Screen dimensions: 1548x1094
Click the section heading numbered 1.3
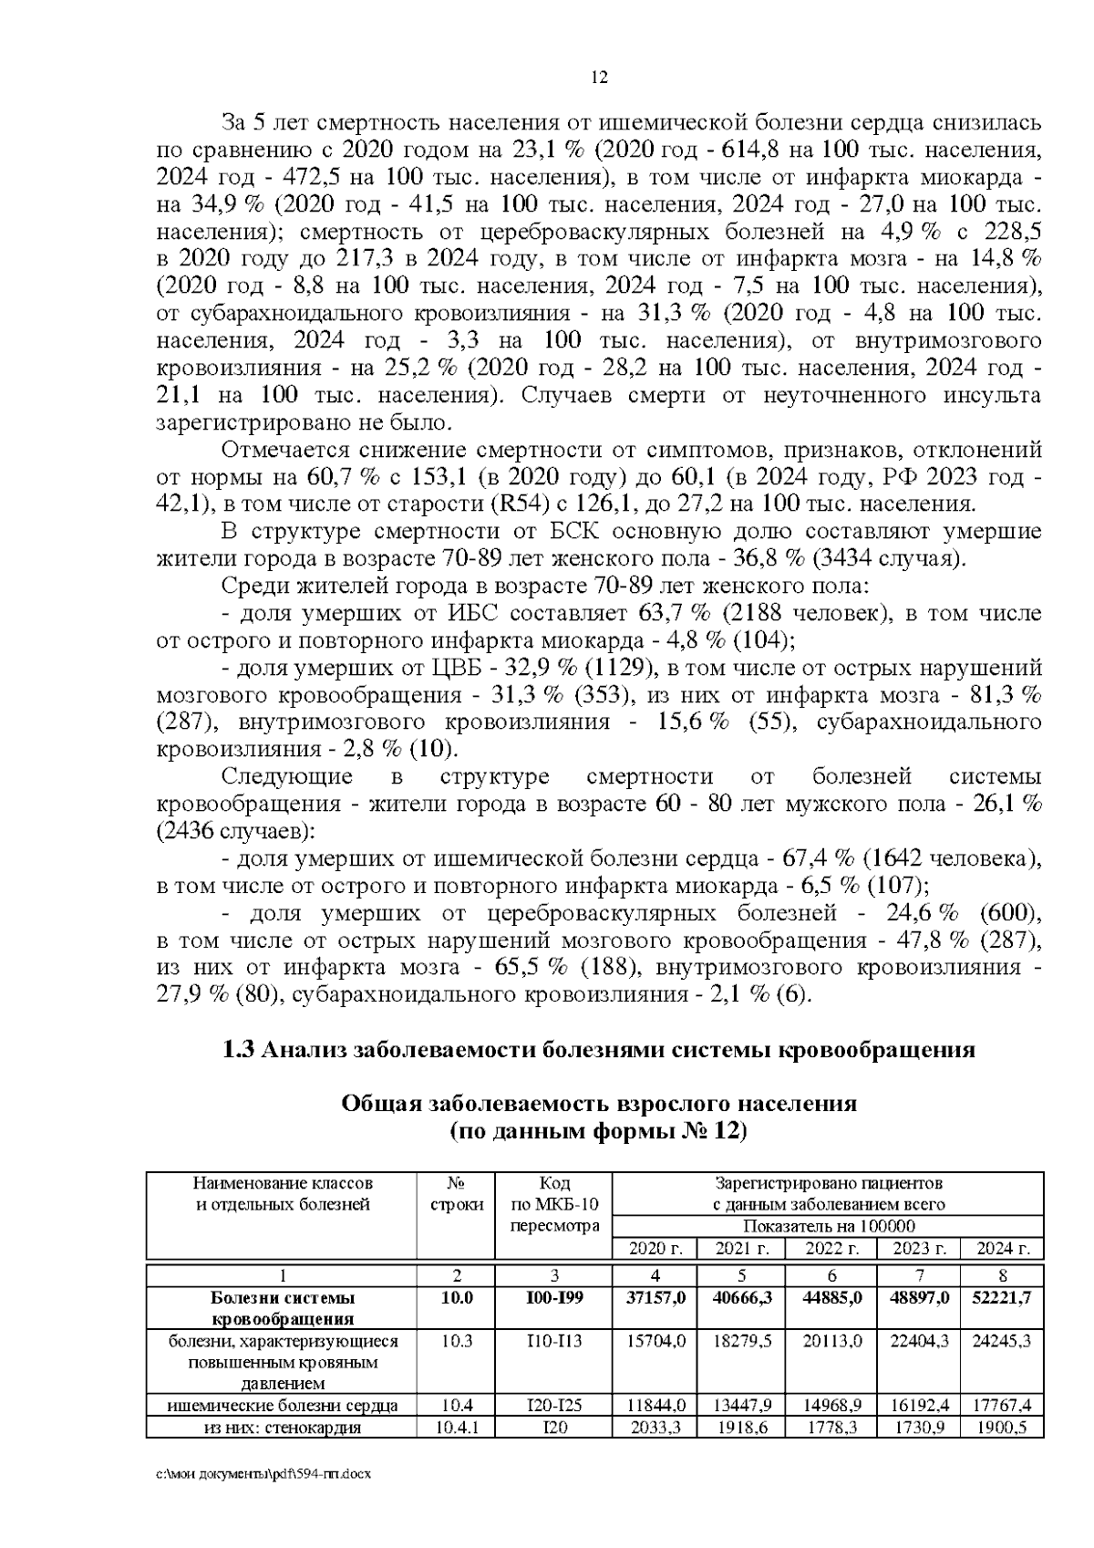pyautogui.click(x=599, y=1050)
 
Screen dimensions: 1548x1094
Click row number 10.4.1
pyautogui.click(x=456, y=1428)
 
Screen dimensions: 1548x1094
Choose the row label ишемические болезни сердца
pyautogui.click(x=282, y=1406)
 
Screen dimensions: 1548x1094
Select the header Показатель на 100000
pyautogui.click(x=829, y=1227)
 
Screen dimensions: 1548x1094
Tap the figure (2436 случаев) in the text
pyautogui.click(x=235, y=832)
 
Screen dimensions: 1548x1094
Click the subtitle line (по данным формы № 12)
pyautogui.click(x=599, y=1132)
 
